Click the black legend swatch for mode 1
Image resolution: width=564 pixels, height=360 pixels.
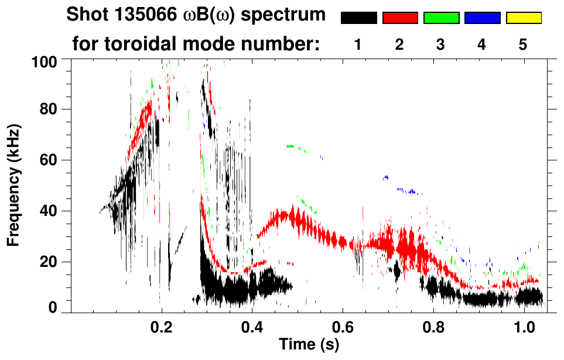[358, 18]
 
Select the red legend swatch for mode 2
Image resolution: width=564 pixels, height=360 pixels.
[400, 18]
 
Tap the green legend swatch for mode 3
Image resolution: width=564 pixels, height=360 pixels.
[441, 18]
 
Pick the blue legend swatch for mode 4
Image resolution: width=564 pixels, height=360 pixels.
[482, 18]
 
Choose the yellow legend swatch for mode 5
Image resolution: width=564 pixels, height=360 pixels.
[524, 18]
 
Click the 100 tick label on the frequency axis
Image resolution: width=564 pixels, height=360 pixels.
[45, 61]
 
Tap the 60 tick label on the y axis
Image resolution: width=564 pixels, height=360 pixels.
[49, 160]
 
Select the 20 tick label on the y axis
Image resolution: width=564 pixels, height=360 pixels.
[49, 262]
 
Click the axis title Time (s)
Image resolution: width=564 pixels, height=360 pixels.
[309, 345]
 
